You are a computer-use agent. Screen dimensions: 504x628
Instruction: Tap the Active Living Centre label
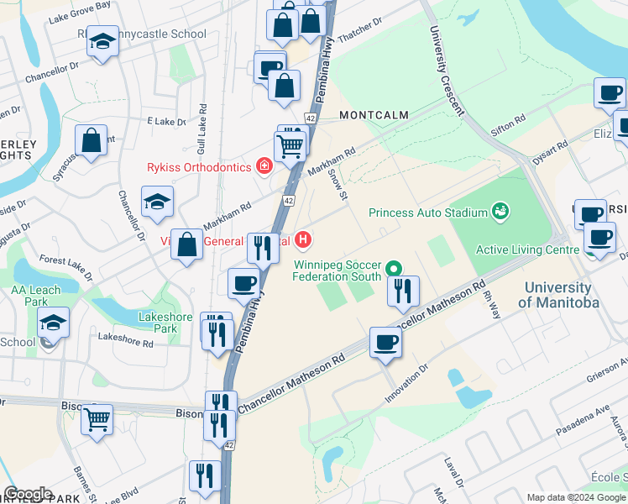(x=527, y=249)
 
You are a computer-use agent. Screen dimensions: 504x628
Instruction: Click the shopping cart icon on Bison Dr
(x=97, y=418)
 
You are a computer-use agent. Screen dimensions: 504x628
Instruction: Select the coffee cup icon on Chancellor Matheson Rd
(x=385, y=342)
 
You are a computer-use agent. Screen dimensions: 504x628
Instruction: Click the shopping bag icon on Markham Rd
(x=188, y=245)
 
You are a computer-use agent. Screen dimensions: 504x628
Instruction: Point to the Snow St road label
(x=338, y=185)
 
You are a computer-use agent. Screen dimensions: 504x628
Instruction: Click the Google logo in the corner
(x=28, y=494)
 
